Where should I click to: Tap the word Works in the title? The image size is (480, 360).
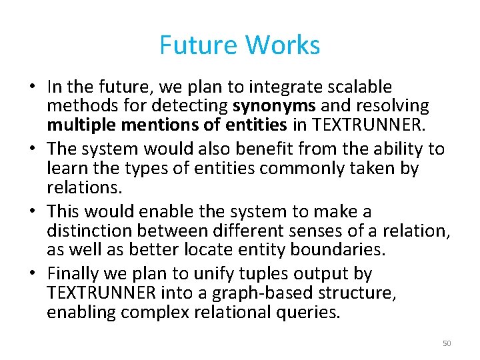coord(283,45)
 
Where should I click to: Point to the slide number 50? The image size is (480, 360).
coord(447,343)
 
